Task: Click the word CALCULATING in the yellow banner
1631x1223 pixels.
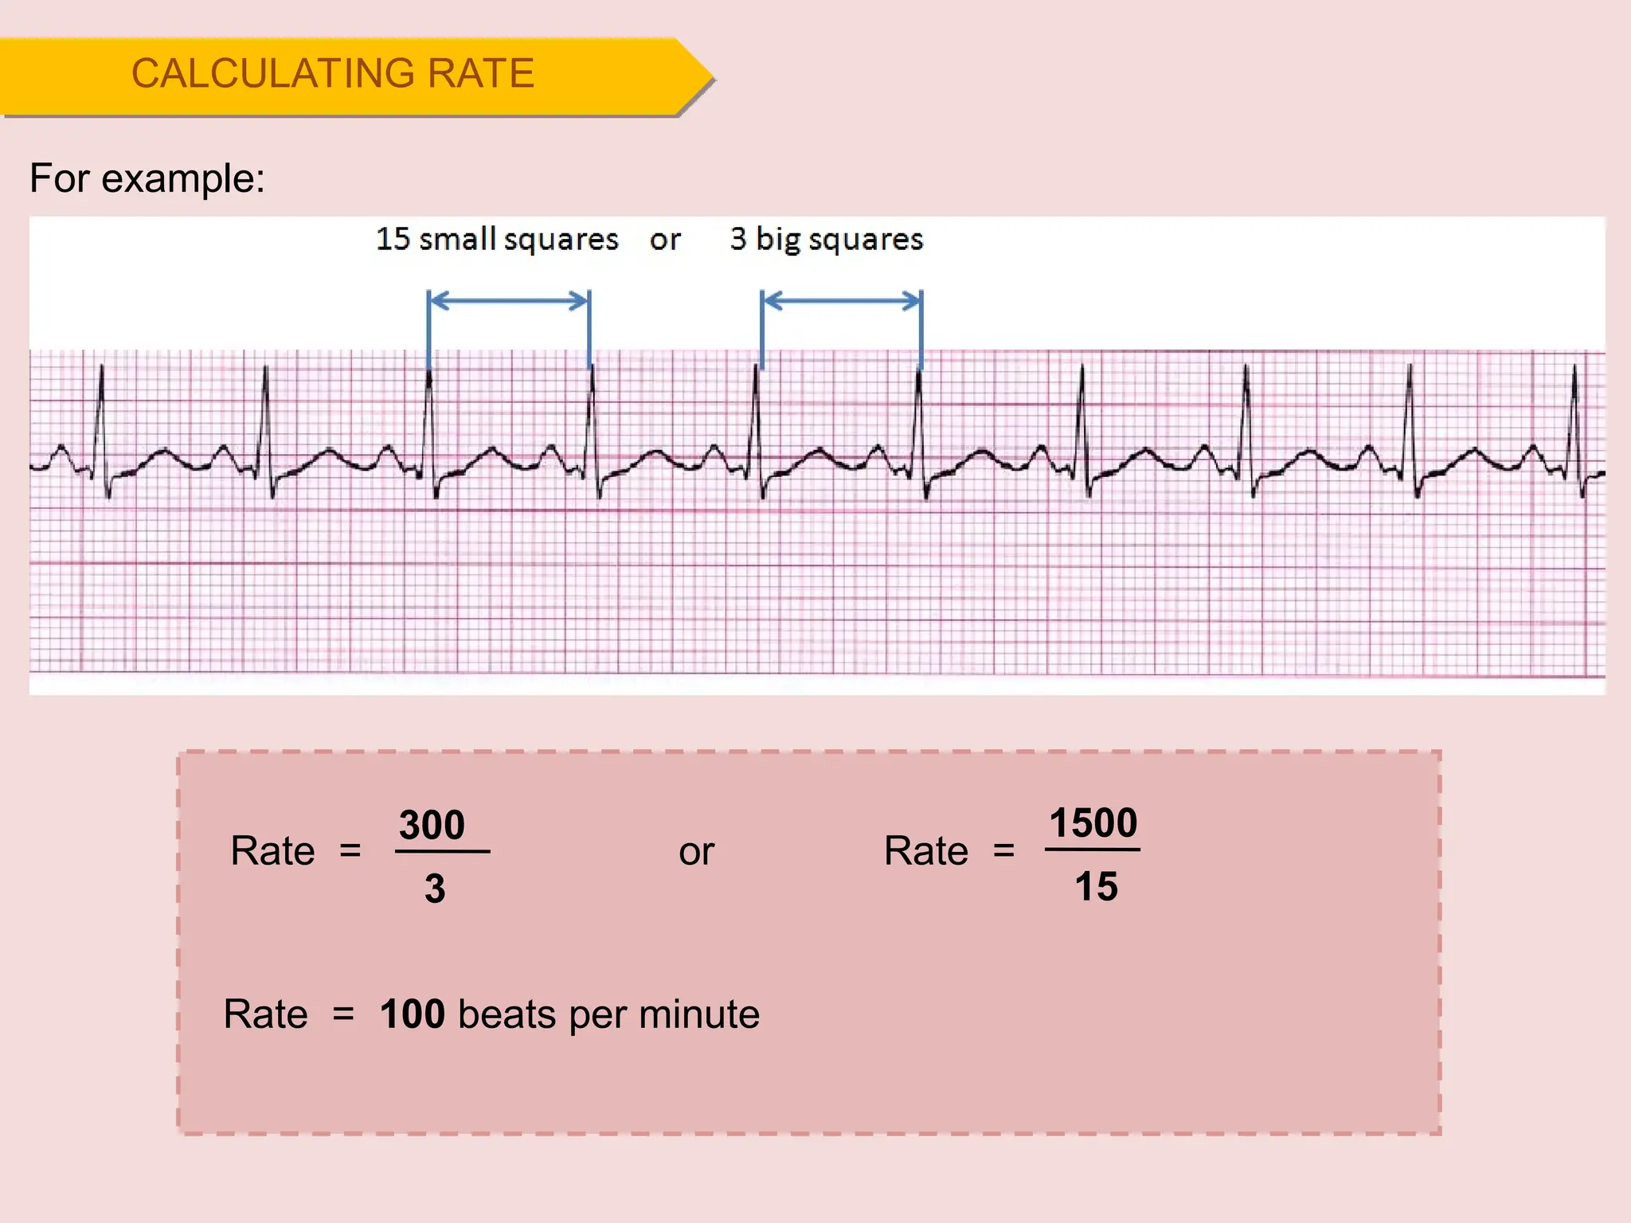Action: [272, 74]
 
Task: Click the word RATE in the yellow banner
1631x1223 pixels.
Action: [480, 74]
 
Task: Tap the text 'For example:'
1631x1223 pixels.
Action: [147, 178]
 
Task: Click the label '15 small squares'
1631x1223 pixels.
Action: [497, 239]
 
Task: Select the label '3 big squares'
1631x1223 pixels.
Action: [827, 239]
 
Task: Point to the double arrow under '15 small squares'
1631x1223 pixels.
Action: [509, 301]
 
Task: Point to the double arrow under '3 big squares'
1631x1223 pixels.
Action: [842, 301]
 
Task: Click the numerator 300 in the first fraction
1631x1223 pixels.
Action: [432, 825]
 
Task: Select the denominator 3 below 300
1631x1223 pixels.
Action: [435, 888]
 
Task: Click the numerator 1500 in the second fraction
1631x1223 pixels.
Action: [1093, 822]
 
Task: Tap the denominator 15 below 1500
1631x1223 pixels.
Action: [1096, 886]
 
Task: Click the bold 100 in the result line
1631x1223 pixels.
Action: [412, 1014]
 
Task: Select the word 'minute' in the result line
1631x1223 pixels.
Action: [698, 1014]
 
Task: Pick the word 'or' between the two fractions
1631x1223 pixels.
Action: [696, 852]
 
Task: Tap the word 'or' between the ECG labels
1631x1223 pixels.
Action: [665, 240]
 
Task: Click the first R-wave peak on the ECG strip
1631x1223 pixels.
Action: [102, 368]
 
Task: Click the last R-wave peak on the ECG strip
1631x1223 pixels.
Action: [1574, 367]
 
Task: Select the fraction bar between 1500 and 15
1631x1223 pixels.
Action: [1093, 850]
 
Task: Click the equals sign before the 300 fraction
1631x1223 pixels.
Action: [350, 851]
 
